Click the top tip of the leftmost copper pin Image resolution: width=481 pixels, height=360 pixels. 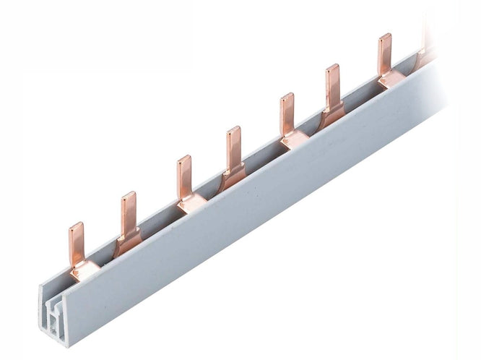(x=76, y=226)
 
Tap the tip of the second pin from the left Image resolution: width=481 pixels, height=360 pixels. (x=129, y=195)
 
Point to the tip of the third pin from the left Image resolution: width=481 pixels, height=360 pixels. (x=184, y=159)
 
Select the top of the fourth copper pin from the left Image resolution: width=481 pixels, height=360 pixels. (x=233, y=130)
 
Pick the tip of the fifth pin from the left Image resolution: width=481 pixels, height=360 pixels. (x=287, y=97)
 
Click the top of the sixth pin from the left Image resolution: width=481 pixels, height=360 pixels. (x=332, y=68)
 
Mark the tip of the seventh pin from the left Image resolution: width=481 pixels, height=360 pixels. (x=384, y=37)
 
